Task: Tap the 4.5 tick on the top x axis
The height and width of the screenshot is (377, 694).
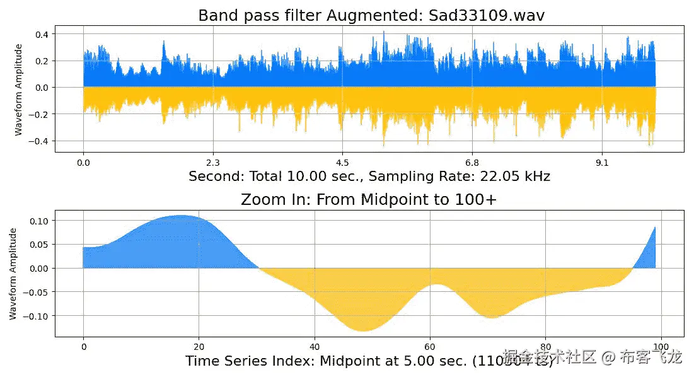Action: point(342,163)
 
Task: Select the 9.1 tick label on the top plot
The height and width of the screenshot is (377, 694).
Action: point(602,163)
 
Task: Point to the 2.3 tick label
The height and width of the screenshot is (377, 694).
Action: point(213,163)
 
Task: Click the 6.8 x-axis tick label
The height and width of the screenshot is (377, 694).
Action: point(472,163)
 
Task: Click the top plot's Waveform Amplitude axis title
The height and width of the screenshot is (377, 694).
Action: point(19,89)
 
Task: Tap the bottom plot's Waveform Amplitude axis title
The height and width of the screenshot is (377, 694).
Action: point(14,274)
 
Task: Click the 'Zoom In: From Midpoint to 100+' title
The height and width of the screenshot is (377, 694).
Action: point(369,200)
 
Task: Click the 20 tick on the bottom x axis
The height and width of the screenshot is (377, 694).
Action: point(199,347)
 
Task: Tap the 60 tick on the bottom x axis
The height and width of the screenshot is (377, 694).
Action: point(431,347)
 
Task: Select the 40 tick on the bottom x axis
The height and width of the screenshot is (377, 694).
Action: point(315,347)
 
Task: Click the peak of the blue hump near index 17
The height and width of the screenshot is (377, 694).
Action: point(182,216)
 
